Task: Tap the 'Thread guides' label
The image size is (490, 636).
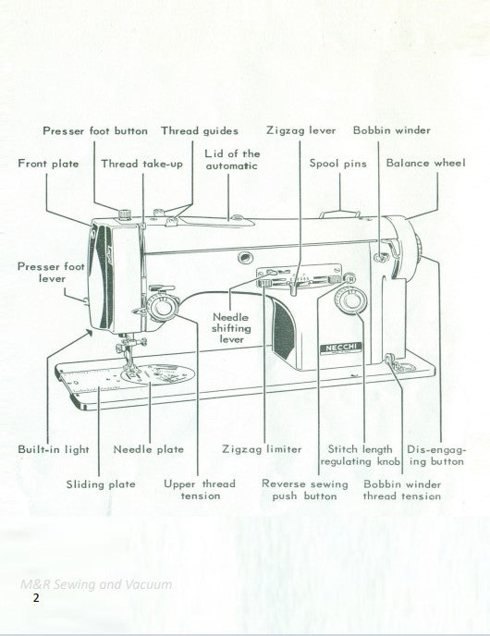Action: tap(200, 130)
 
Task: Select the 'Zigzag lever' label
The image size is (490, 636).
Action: tap(300, 130)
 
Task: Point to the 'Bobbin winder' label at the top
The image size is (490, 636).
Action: tap(391, 130)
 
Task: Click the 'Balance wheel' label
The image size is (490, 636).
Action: tap(426, 163)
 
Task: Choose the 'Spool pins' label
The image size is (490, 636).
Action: tap(337, 163)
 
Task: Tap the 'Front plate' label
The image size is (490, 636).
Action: tap(48, 163)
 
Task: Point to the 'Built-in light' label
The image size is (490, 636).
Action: tap(54, 449)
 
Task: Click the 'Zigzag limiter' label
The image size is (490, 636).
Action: tap(262, 449)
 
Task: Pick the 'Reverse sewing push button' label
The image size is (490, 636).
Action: tap(305, 490)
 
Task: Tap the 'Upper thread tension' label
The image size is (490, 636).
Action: tap(200, 490)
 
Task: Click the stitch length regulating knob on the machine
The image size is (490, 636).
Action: tap(349, 302)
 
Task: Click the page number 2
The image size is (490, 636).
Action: tap(35, 598)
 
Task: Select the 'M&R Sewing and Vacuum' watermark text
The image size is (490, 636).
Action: tap(95, 583)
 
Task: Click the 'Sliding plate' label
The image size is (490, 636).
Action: tap(101, 483)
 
